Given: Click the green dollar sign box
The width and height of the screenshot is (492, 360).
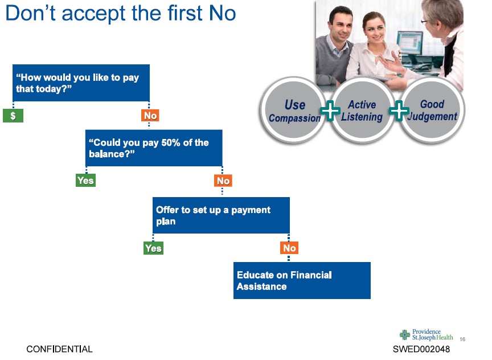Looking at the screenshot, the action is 13,116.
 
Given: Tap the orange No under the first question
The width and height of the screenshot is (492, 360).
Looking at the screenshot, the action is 150,115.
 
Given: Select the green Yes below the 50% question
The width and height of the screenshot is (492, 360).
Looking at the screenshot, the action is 85,181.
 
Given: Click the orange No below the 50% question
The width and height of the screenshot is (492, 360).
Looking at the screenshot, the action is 223,181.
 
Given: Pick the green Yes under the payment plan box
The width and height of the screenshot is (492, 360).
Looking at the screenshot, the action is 153,248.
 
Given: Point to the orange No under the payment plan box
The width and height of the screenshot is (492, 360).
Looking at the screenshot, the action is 289,248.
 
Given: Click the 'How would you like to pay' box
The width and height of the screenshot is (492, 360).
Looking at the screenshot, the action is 81,83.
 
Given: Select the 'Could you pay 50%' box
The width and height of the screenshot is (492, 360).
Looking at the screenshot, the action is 154,148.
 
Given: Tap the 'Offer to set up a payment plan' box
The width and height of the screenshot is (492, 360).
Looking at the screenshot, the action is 221,215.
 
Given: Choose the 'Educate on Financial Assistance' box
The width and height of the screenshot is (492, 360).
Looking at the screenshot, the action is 302,280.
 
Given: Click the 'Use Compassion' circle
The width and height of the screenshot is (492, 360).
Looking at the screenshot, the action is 293,110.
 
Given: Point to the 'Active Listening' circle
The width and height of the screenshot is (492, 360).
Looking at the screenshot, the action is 362,110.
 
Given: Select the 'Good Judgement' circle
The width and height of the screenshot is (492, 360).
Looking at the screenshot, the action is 432,110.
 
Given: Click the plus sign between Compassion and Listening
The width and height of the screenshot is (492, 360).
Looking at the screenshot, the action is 330,111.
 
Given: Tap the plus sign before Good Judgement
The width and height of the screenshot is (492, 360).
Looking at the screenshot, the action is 399,111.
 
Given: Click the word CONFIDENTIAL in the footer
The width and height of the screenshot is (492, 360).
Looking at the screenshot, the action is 59,349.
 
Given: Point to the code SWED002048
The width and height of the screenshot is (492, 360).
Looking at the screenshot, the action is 421,349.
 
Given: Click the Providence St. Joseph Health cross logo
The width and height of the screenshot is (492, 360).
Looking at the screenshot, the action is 405,335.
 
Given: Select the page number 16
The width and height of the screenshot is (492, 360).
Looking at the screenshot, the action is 462,339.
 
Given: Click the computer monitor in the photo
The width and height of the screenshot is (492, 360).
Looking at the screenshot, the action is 410,43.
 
